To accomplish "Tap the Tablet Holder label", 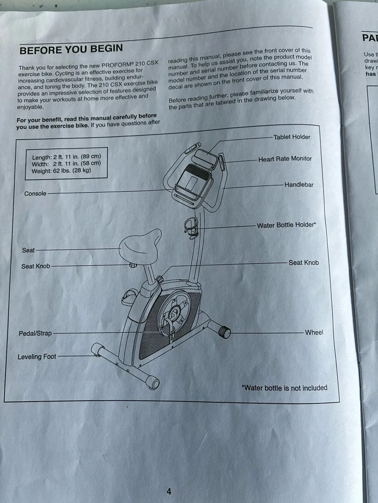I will tap(291, 137).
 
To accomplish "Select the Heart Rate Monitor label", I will tap(285, 159).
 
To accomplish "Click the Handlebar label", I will tap(299, 184).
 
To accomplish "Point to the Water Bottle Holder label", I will tap(286, 225).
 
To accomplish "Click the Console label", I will tap(35, 194).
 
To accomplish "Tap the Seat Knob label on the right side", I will tap(303, 263).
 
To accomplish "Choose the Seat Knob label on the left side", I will tap(36, 266).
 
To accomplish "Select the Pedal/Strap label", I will tap(35, 334).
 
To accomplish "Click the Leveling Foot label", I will tap(37, 357).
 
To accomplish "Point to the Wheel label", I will tap(314, 332).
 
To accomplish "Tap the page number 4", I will tap(169, 491).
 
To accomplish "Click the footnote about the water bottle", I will tap(284, 388).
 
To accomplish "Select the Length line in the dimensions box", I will tap(66, 157).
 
